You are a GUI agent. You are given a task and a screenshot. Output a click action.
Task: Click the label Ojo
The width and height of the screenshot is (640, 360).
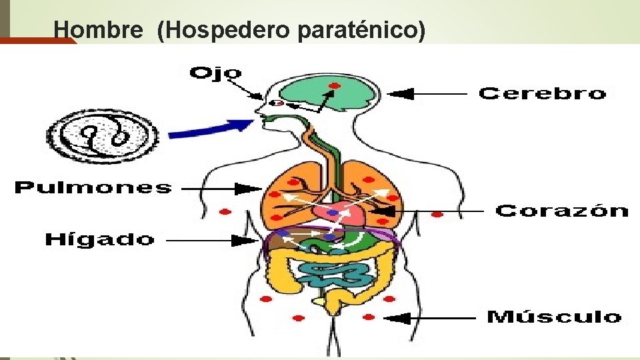pos(215,73)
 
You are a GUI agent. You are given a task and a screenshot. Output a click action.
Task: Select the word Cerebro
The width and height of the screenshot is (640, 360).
pos(542,93)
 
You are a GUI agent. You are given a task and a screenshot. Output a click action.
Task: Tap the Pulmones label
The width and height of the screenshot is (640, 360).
pos(93,188)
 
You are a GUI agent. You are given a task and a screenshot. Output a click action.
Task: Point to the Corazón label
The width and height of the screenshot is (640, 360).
pos(561,211)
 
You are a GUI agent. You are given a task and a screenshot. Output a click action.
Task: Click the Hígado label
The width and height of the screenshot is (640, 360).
pos(99,239)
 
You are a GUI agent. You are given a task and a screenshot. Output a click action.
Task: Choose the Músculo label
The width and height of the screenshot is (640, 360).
pos(553,317)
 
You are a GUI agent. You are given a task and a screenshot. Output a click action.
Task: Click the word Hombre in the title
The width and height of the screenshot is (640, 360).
pos(98,29)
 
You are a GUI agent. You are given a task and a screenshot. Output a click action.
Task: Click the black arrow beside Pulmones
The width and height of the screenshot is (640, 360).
pos(221,189)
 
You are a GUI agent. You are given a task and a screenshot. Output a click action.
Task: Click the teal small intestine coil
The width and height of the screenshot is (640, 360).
pos(333,274)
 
